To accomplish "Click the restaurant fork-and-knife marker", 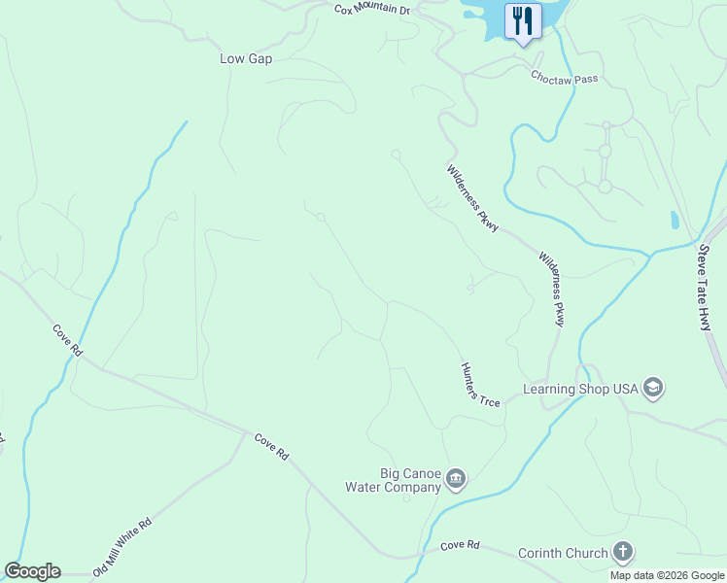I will pyautogui.click(x=523, y=21).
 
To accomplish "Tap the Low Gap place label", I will pyautogui.click(x=246, y=59).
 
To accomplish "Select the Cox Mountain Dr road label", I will pyautogui.click(x=372, y=10).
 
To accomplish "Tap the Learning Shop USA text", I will pyautogui.click(x=580, y=389).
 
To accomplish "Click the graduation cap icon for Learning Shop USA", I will pyautogui.click(x=653, y=389).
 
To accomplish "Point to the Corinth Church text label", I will pyautogui.click(x=562, y=554).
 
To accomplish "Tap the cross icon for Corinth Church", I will pyautogui.click(x=622, y=553).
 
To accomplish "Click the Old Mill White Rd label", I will pyautogui.click(x=123, y=547).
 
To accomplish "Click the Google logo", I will pyautogui.click(x=32, y=571).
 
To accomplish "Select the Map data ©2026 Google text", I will pyautogui.click(x=666, y=575).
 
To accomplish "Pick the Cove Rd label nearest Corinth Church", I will pyautogui.click(x=461, y=546).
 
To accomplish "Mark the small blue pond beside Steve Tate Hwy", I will pyautogui.click(x=675, y=221).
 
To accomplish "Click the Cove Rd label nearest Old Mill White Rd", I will pyautogui.click(x=272, y=447).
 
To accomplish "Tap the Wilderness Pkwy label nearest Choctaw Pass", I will pyautogui.click(x=472, y=198).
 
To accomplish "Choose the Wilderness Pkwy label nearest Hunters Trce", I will pyautogui.click(x=551, y=290).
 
